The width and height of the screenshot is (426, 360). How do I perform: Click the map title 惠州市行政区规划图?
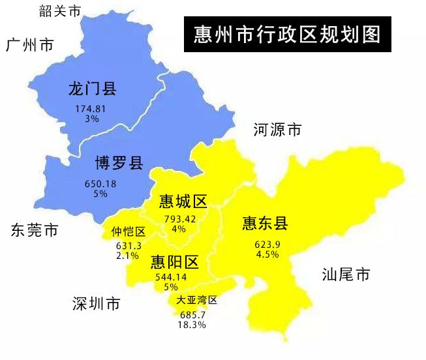click(x=287, y=35)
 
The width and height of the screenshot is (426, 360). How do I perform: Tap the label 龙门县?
click(x=92, y=89)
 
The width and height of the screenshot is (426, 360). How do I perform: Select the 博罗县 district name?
click(x=119, y=163)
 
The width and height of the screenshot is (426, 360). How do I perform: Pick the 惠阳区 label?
click(x=174, y=262)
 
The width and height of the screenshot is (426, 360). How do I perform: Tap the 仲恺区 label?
click(x=128, y=232)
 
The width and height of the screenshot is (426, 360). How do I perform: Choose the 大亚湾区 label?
click(x=196, y=301)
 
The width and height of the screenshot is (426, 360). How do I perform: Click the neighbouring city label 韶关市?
click(x=59, y=10)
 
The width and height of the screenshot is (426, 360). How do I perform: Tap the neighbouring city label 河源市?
click(x=277, y=130)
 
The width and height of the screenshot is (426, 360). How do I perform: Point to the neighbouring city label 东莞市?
click(x=34, y=230)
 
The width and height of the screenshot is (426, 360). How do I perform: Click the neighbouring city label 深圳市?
click(x=97, y=304)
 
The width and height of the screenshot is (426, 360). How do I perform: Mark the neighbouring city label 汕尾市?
click(x=346, y=275)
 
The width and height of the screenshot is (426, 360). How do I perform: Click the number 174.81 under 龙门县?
click(x=91, y=108)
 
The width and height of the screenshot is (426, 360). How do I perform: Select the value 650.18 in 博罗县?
click(x=100, y=184)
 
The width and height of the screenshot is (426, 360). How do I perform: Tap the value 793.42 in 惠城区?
click(x=179, y=219)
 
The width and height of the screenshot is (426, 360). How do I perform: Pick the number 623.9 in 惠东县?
click(x=267, y=245)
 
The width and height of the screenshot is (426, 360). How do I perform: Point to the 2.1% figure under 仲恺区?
click(x=127, y=256)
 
